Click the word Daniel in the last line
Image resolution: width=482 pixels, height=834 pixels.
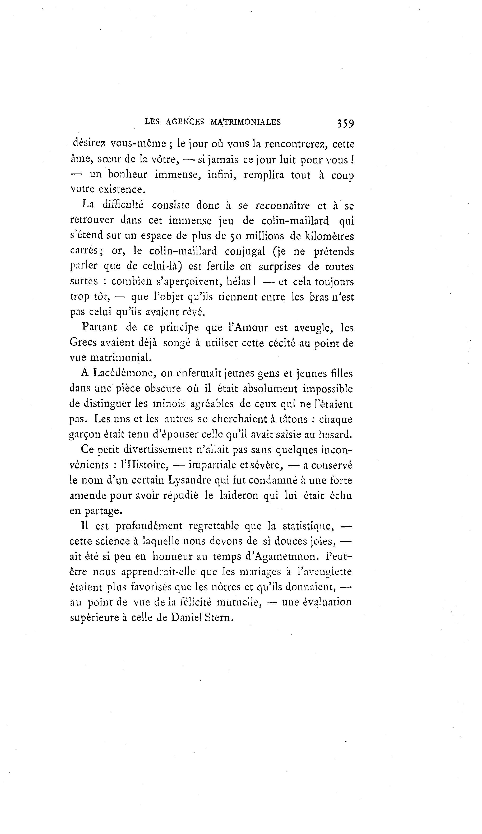coord(186,618)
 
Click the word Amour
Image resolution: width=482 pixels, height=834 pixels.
coord(251,328)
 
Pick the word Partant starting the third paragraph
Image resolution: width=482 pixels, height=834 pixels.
coord(99,328)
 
